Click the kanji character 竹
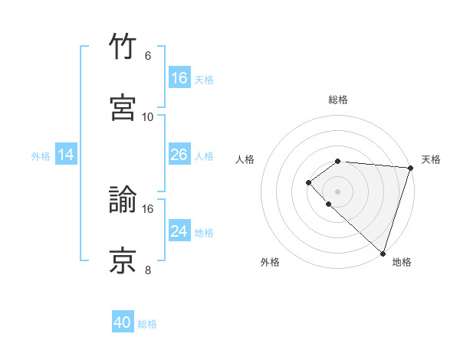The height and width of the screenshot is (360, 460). point(123,47)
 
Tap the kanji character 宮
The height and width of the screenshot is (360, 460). point(123,106)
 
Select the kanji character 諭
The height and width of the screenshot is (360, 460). point(123,200)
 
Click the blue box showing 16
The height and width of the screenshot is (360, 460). point(179,78)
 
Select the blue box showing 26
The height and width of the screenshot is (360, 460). point(179,155)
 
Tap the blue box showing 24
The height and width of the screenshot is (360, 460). point(179,231)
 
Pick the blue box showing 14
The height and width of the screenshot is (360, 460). point(66,155)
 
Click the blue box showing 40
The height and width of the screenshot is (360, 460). point(123,322)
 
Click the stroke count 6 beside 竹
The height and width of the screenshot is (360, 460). point(148,56)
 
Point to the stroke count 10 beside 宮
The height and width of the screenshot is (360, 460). point(148,116)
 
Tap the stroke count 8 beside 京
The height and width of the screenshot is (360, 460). point(148,270)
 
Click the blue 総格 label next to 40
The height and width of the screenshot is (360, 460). point(147,324)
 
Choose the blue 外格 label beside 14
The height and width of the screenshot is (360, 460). point(41,156)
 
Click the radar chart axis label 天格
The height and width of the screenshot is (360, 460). point(431,159)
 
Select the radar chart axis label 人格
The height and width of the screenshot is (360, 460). point(245,159)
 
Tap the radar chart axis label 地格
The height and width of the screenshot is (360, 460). point(402,262)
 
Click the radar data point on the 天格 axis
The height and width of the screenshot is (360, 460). point(410,167)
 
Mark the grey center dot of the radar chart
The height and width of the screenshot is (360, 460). point(338,191)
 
